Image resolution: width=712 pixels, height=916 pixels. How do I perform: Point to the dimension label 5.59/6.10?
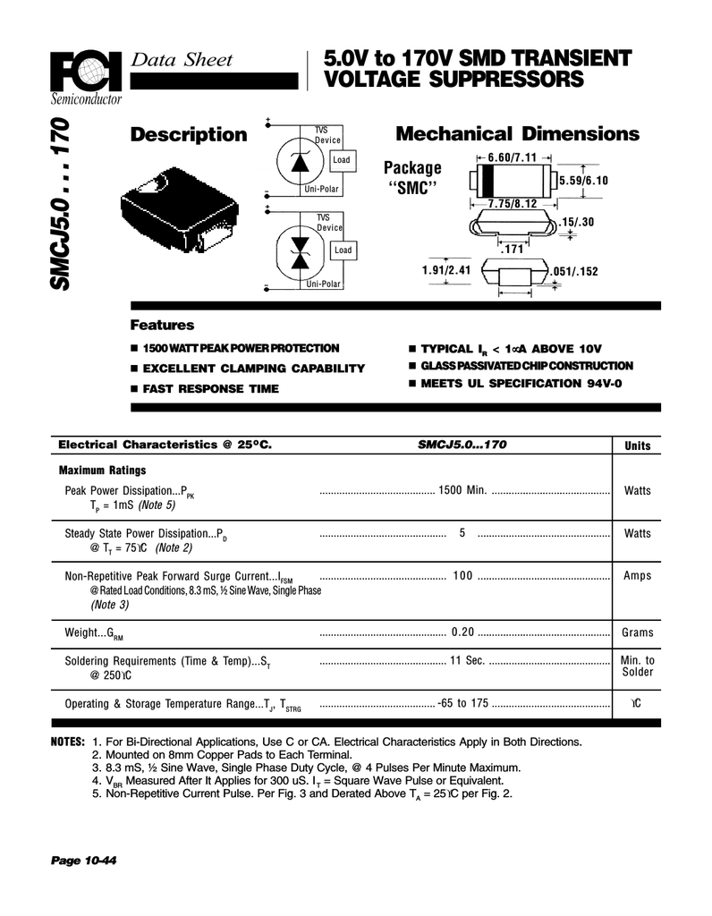coord(582,181)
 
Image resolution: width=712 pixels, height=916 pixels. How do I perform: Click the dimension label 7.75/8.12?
coord(513,204)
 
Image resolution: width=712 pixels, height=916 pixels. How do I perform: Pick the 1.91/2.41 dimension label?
coord(445,268)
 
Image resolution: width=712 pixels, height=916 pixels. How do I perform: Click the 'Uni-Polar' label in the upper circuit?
coord(323,189)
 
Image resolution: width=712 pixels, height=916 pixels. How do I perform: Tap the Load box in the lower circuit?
coord(343,250)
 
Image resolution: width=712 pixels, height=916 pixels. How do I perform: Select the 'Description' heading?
coord(188,135)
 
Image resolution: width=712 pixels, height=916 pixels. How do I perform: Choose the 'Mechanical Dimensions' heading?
coord(517,134)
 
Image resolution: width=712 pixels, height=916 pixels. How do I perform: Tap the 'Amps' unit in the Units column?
coord(638,576)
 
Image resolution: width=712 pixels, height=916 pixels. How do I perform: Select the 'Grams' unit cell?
coord(638,632)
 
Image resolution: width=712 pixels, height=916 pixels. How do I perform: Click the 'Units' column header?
coord(638,445)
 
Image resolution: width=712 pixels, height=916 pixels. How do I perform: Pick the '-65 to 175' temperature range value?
coord(463,703)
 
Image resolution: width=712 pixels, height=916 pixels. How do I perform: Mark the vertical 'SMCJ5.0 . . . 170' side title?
coord(64,205)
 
